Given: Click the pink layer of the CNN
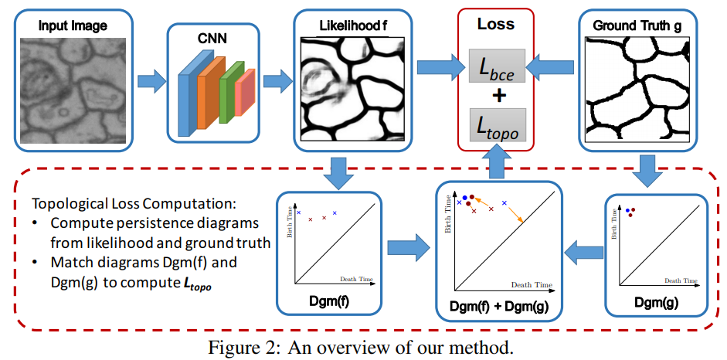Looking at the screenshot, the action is click(x=245, y=92).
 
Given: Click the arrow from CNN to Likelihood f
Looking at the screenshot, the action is click(x=277, y=80).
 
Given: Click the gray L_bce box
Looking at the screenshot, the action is click(x=497, y=66).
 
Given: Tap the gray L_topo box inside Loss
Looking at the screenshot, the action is click(x=497, y=125).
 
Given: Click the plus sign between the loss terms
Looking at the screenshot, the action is click(x=497, y=96).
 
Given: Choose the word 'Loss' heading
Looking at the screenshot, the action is click(x=496, y=24).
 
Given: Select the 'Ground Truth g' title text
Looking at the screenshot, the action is click(x=637, y=26).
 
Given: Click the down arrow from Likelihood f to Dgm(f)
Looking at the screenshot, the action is click(x=338, y=172).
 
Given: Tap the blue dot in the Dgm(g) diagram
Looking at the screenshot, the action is click(x=627, y=210).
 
